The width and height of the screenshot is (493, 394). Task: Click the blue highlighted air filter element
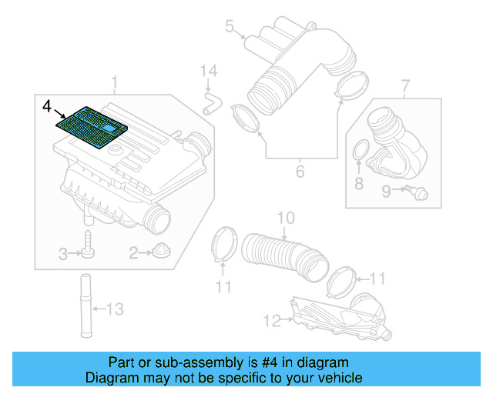(x=92, y=124)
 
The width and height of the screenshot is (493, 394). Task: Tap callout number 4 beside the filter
(x=47, y=104)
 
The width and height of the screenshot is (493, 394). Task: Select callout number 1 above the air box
(x=115, y=82)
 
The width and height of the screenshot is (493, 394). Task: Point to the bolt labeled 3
(x=89, y=245)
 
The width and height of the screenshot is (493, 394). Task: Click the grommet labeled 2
(x=160, y=251)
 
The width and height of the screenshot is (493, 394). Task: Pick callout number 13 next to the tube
(x=114, y=309)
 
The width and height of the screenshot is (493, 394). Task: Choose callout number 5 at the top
(x=229, y=28)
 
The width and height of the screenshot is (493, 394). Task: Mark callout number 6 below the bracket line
(x=300, y=172)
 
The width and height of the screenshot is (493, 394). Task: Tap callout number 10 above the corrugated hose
(x=286, y=219)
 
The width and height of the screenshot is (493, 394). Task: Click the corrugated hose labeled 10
(x=282, y=255)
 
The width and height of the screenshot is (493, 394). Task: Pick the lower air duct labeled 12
(x=339, y=317)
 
